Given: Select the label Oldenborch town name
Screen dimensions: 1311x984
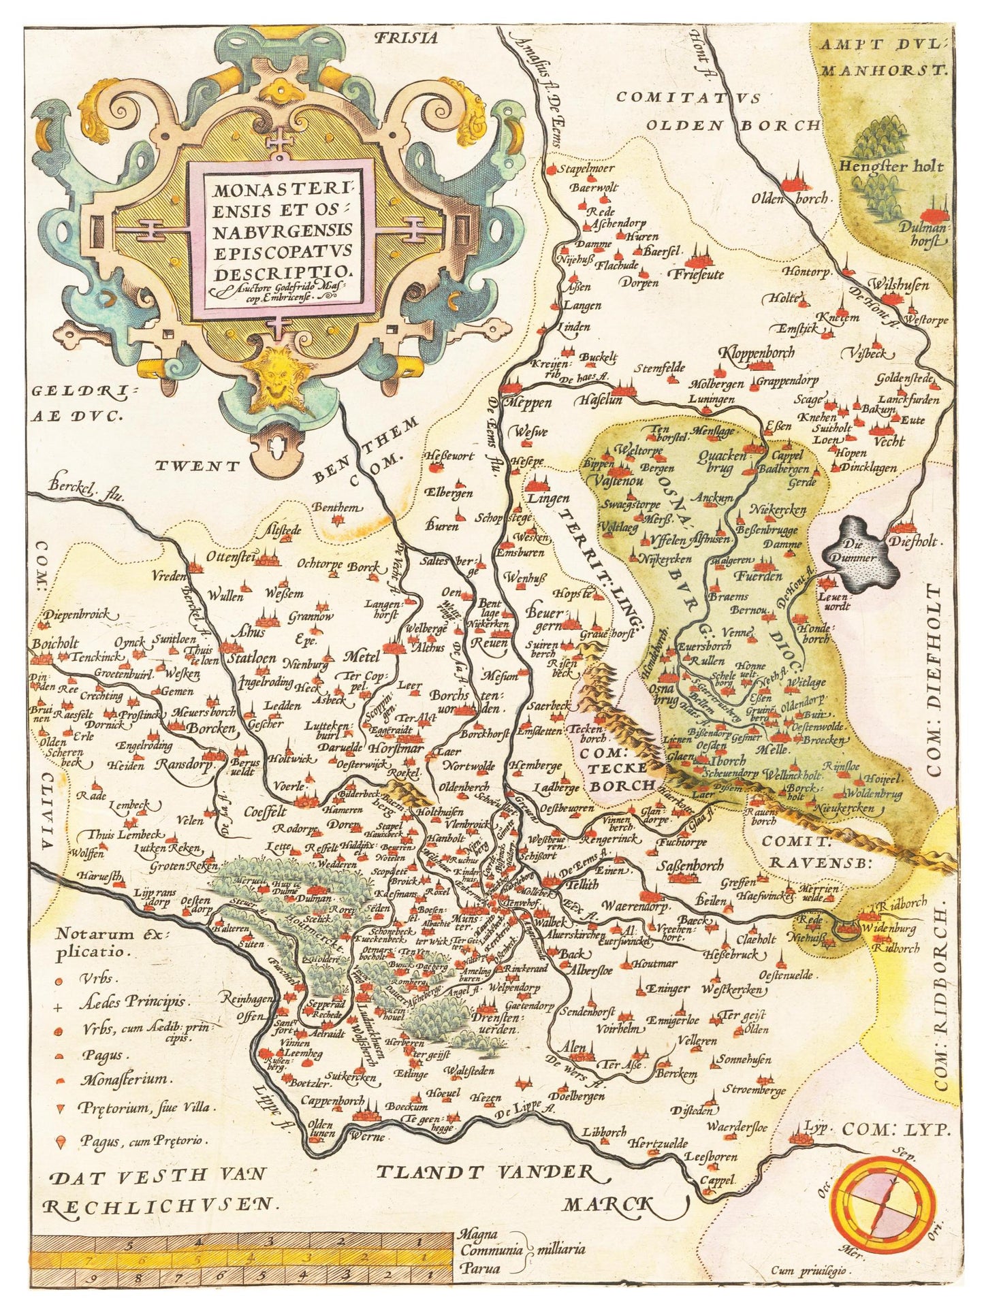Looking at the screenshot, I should coord(790,199).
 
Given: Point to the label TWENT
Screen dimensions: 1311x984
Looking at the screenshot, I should coord(197,466).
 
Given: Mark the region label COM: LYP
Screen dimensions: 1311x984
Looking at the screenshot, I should coord(896,1129).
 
